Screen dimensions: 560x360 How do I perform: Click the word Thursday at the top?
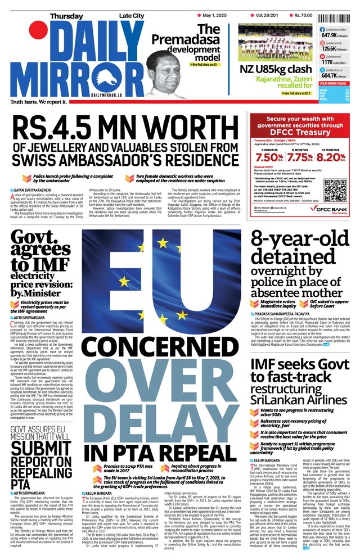66,16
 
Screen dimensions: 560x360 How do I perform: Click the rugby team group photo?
274,42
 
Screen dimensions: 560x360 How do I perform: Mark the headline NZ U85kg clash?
274,70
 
